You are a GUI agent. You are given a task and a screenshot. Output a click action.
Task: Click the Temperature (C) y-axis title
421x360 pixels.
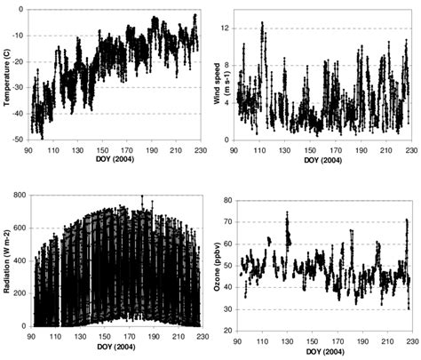[x=8, y=71]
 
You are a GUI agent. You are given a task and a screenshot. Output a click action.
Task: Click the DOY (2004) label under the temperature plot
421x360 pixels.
[x=114, y=158]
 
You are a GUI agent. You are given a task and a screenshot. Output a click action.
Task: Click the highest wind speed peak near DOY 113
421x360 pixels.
[x=262, y=24]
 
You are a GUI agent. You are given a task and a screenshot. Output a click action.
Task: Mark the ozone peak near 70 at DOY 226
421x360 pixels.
[x=406, y=220]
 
